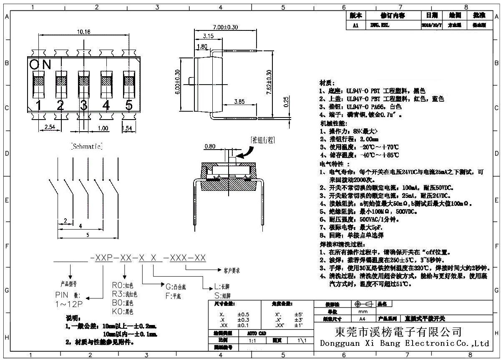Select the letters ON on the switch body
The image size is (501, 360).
point(40,65)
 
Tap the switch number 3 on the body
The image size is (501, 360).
point(84,105)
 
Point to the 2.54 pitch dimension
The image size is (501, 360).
point(50,127)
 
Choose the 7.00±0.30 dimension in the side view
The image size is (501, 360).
point(225,27)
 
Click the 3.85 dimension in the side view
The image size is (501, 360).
point(239,101)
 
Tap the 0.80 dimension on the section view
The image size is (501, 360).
point(210,146)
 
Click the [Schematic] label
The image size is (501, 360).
point(86,146)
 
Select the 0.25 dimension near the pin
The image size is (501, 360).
point(285,102)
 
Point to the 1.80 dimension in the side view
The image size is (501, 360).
point(202,46)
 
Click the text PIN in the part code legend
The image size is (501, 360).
point(61,295)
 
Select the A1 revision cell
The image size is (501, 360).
point(355,25)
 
